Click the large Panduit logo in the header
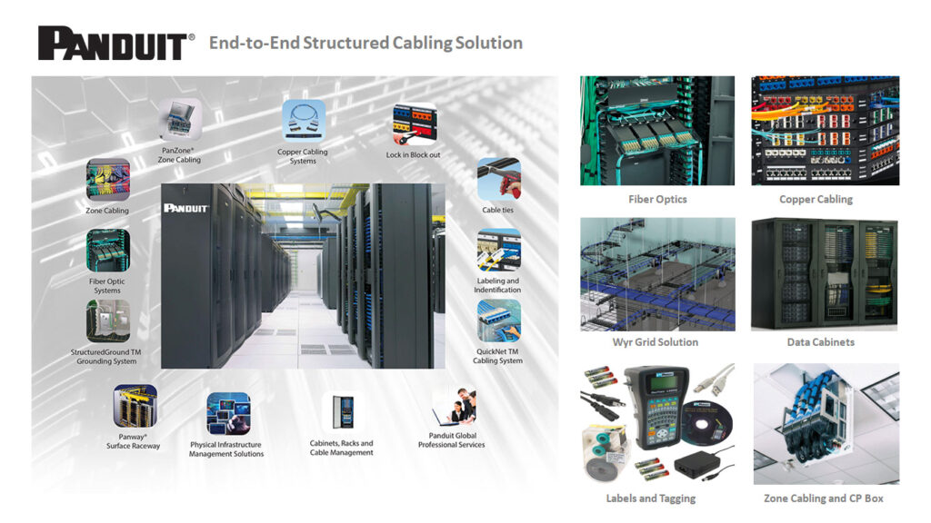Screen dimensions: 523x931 click(115, 43)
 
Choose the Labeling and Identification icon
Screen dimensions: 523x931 click(498, 251)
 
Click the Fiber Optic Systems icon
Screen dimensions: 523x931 click(108, 251)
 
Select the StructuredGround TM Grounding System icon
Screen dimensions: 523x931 click(107, 321)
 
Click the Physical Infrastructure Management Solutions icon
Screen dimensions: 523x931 click(227, 413)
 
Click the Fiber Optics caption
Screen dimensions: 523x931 click(657, 199)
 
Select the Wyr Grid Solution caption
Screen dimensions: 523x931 click(656, 342)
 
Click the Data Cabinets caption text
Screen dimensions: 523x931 click(821, 342)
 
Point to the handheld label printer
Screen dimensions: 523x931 click(656, 410)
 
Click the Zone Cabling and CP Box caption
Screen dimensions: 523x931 click(824, 498)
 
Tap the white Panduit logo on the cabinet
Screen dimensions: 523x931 click(186, 208)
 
